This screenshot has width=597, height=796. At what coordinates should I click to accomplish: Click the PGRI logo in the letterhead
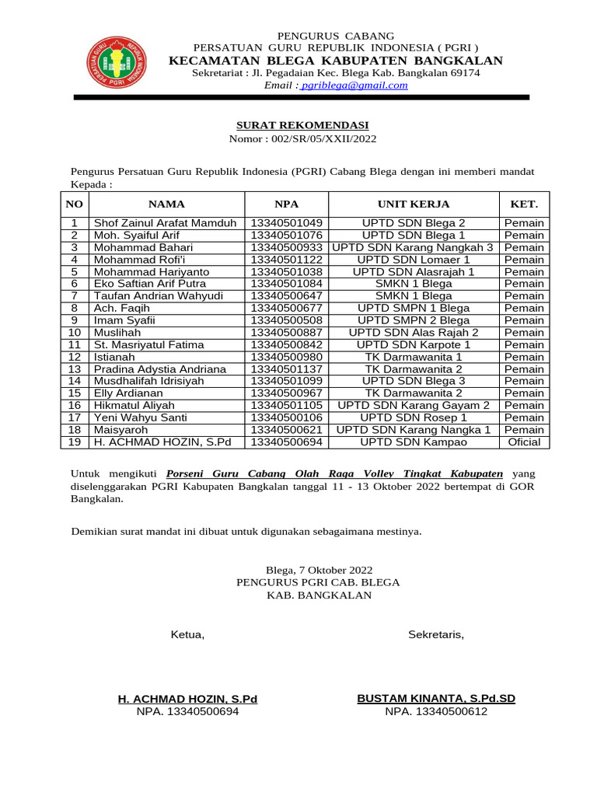click(x=117, y=62)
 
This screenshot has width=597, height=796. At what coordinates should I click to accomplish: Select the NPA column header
click(x=286, y=204)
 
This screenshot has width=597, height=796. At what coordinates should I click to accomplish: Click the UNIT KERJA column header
click(x=414, y=204)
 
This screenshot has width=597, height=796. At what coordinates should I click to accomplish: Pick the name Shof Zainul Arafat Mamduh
click(x=165, y=223)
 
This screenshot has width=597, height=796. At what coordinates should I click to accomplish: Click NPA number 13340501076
click(x=286, y=236)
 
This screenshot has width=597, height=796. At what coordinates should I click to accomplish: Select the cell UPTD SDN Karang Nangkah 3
click(x=413, y=247)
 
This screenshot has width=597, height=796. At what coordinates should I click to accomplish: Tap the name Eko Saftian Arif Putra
click(x=150, y=284)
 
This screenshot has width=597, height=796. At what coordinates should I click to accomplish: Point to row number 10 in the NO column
click(x=75, y=333)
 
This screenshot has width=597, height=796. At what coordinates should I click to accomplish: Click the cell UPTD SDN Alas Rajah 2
click(x=414, y=333)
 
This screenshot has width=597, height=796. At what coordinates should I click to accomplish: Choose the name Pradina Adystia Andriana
click(x=160, y=369)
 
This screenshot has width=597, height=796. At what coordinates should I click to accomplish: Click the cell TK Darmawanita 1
click(x=414, y=357)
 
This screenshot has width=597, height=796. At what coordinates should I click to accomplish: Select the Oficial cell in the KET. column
click(x=524, y=442)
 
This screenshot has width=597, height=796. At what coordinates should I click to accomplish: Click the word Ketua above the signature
click(x=187, y=635)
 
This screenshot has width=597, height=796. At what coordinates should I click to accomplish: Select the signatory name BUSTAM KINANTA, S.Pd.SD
click(x=436, y=699)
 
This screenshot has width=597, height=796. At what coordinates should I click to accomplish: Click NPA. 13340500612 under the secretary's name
click(x=436, y=711)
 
